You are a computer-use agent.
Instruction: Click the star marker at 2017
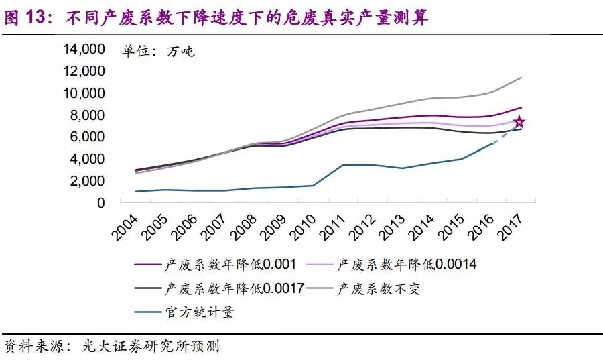519,123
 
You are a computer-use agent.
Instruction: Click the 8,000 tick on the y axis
86,115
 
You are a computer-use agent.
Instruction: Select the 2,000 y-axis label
86,181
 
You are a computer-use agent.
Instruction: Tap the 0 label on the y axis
101,203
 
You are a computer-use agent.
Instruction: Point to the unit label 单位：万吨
158,51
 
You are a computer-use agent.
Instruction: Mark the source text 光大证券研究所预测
151,347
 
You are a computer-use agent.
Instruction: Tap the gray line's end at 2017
521,78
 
